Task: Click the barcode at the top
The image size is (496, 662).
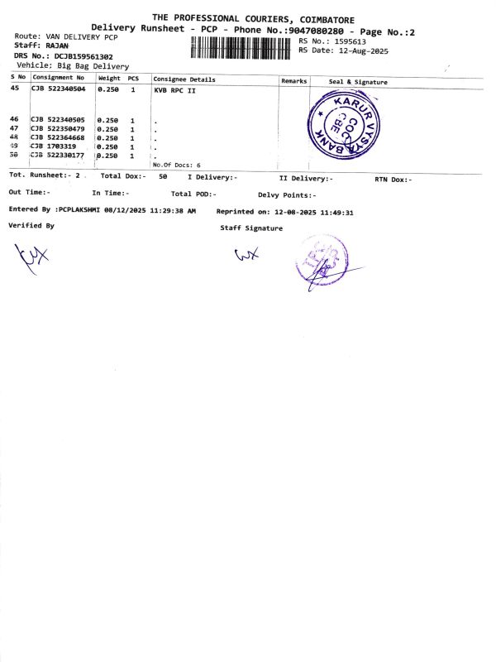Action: tap(242, 46)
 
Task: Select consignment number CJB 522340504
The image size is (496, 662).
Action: tap(58, 88)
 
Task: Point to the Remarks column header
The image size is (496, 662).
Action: tap(293, 81)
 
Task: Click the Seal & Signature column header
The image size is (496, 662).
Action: tap(358, 82)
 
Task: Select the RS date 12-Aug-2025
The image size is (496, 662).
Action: tap(357, 50)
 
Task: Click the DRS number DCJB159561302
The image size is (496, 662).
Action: tap(78, 55)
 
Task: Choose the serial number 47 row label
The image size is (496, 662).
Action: tap(14, 128)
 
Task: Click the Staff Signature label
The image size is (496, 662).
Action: tap(251, 228)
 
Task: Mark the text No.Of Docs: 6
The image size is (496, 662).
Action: tap(177, 165)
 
